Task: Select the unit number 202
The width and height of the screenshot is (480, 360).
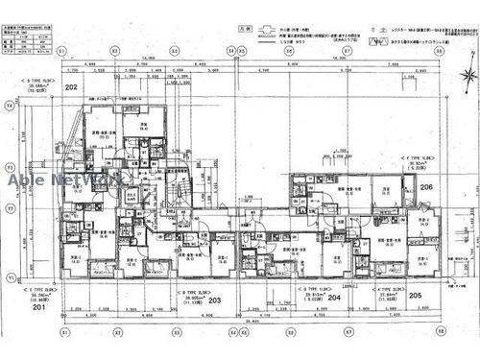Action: pos(70,86)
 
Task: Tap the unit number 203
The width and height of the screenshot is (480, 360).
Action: pos(214,300)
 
